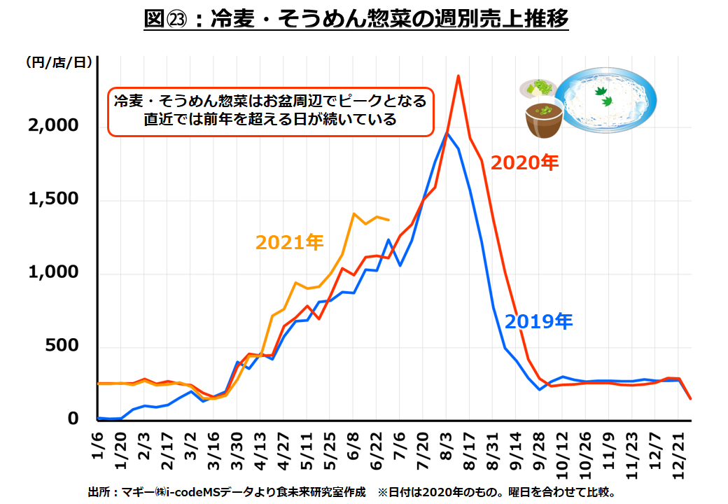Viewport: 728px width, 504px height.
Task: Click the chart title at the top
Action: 356,19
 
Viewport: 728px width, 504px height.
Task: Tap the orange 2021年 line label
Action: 289,242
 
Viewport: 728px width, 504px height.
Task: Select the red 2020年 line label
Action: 524,162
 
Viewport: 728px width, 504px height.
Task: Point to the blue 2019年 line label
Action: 538,321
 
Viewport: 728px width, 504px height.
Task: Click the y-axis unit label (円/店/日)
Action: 59,62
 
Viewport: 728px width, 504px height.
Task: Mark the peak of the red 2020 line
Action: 458,76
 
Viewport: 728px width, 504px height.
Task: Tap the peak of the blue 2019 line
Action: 447,134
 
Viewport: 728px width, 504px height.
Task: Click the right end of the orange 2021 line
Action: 389,220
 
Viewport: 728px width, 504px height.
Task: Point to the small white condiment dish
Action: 538,88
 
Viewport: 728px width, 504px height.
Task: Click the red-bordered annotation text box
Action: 271,110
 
